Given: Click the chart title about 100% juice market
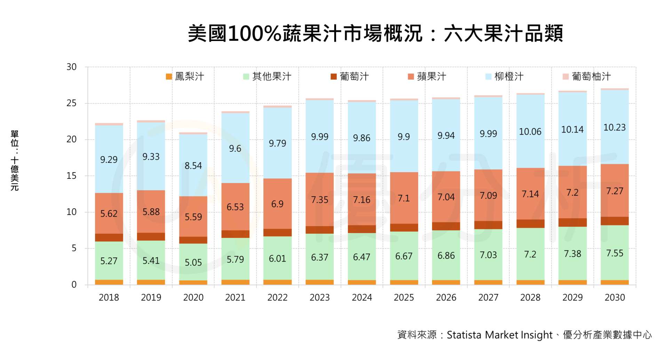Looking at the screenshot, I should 375,34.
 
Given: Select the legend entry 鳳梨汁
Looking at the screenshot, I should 185,77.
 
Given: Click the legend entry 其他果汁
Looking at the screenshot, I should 267,77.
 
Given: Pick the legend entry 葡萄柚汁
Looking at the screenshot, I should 587,77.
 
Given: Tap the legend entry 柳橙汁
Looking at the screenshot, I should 504,77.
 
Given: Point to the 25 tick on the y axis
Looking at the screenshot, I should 72,103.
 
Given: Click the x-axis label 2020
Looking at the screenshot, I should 193,298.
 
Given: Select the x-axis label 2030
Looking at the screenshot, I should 615,298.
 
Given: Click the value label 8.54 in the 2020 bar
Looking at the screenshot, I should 193,166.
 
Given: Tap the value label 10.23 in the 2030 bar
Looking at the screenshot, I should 614,128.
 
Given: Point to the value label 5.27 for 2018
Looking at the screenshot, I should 109,261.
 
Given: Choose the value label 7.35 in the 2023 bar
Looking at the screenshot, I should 319,200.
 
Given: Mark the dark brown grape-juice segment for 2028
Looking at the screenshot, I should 530,224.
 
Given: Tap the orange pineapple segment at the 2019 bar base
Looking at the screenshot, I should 151,282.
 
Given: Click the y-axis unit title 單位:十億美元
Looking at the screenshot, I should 15,160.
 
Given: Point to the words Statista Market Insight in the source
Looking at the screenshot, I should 499,335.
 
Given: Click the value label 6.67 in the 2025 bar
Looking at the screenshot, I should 404,256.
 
